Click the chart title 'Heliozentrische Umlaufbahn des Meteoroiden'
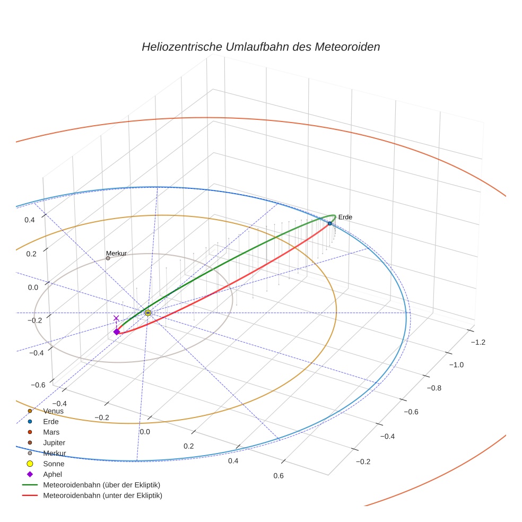pyautogui.click(x=260, y=47)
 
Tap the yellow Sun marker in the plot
pyautogui.click(x=147, y=313)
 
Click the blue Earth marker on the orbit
pyautogui.click(x=329, y=223)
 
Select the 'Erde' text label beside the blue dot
pyautogui.click(x=345, y=217)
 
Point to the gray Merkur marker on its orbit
pyautogui.click(x=108, y=258)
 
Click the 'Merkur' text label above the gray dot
pyautogui.click(x=116, y=254)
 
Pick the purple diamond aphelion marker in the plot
pyautogui.click(x=117, y=332)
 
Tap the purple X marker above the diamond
pyautogui.click(x=117, y=318)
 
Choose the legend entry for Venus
pyautogui.click(x=53, y=411)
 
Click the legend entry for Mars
pyautogui.click(x=51, y=432)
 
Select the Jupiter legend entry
pyautogui.click(x=54, y=442)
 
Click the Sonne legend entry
pyautogui.click(x=53, y=464)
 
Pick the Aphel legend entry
pyautogui.click(x=53, y=474)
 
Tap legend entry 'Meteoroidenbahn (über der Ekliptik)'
pyautogui.click(x=101, y=485)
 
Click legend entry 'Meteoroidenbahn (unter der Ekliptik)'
pyautogui.click(x=102, y=495)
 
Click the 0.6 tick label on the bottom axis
pyautogui.click(x=279, y=475)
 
